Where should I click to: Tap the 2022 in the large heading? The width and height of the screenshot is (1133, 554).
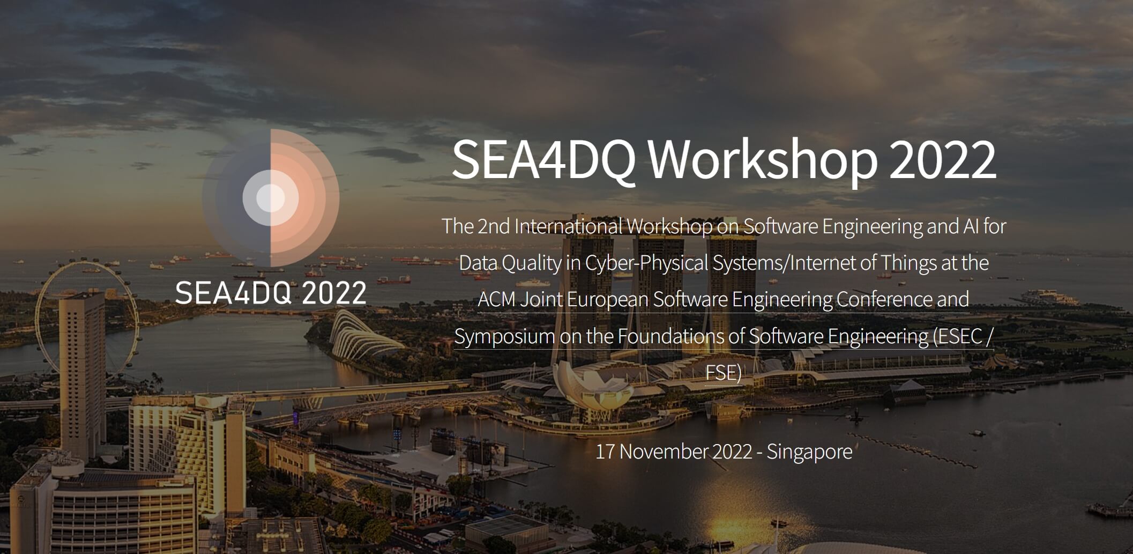tap(942, 160)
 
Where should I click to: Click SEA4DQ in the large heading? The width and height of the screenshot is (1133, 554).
tap(543, 160)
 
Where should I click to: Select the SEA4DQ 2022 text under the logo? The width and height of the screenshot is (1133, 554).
tap(271, 293)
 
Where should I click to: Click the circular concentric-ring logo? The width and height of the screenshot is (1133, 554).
tap(271, 198)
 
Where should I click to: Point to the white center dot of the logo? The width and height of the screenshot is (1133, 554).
tap(271, 198)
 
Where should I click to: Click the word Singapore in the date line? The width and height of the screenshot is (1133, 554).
tap(809, 452)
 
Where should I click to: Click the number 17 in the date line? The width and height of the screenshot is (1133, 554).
tap(605, 452)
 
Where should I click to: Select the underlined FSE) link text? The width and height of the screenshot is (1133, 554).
tap(724, 372)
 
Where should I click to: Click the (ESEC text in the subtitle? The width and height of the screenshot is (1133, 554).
tap(958, 336)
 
